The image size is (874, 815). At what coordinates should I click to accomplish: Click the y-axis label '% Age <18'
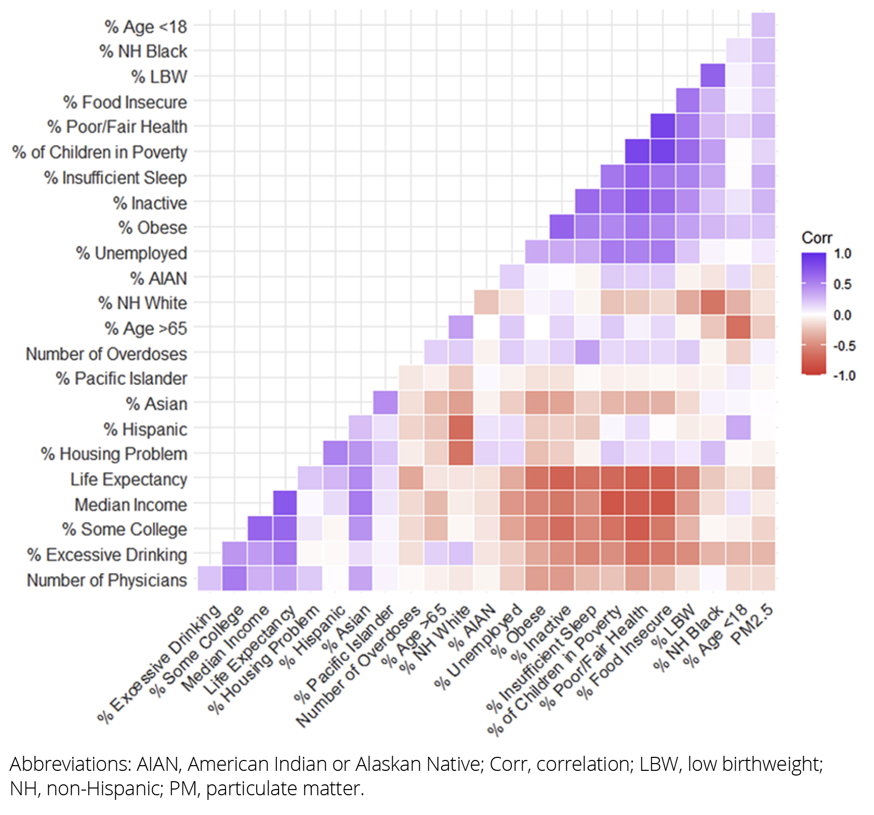(145, 26)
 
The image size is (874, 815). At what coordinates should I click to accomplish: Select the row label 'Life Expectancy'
(128, 479)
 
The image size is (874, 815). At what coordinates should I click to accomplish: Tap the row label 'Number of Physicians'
(107, 580)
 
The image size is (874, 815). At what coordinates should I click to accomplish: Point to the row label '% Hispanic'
(145, 429)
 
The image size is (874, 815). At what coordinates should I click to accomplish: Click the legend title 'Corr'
(816, 238)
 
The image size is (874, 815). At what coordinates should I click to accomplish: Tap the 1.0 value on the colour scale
(842, 254)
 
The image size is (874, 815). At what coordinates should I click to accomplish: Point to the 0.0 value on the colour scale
(842, 315)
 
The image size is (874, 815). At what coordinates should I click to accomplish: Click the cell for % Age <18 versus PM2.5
(763, 25)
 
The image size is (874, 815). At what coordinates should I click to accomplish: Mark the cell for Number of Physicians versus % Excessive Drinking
(210, 579)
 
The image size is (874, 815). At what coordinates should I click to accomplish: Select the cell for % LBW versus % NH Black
(712, 76)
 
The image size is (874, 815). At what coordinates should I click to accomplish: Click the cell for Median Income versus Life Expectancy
(285, 503)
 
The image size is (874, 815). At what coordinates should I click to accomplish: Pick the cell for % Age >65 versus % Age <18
(738, 328)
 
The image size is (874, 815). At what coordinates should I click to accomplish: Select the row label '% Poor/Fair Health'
(117, 127)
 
